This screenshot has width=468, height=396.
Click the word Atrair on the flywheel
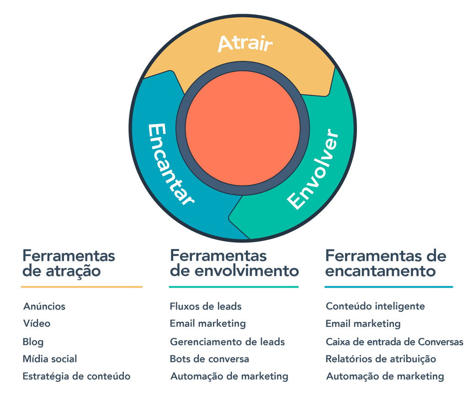click(245, 43)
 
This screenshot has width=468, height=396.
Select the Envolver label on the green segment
click(314, 170)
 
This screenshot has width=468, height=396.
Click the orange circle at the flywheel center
click(243, 128)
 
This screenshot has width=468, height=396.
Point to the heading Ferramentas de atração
click(69, 263)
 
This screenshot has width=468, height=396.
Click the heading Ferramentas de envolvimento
click(234, 263)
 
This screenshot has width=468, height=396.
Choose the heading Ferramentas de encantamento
click(385, 263)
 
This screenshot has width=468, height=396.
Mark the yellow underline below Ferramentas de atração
click(82, 287)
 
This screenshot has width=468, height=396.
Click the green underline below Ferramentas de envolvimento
click(234, 287)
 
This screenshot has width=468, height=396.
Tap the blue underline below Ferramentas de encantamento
click(388, 287)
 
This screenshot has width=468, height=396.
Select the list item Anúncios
click(44, 306)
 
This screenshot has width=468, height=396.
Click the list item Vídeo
click(37, 324)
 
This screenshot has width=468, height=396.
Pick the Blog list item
click(33, 342)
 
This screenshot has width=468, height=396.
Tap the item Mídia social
click(50, 359)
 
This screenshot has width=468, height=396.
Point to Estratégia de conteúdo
click(76, 376)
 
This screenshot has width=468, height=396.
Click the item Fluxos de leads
click(206, 306)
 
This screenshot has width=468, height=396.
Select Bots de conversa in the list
click(209, 359)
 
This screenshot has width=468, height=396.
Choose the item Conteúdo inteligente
click(375, 306)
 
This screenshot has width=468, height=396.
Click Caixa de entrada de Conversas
click(394, 342)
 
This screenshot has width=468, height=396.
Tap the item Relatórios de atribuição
click(381, 359)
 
